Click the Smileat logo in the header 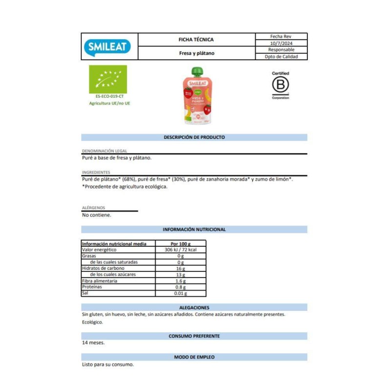[x=109, y=46]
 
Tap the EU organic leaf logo [x=108, y=79]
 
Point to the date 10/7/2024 [x=281, y=43]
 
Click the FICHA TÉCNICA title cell [x=196, y=40]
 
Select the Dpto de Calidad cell [x=281, y=56]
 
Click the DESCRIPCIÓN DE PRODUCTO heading [x=194, y=137]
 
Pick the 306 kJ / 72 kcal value [x=180, y=250]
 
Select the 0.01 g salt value [x=180, y=293]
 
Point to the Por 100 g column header [x=180, y=243]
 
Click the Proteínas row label [x=92, y=287]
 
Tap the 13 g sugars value [x=180, y=275]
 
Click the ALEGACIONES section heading [x=194, y=307]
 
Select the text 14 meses [x=93, y=343]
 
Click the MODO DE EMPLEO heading [x=194, y=357]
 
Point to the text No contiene [x=97, y=215]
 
